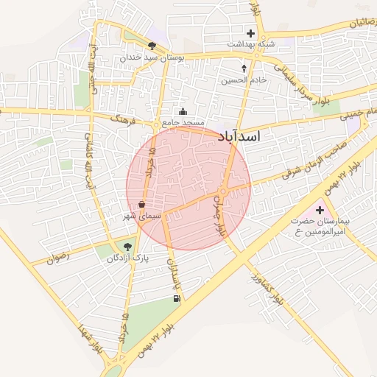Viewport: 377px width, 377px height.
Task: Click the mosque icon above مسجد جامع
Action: (183, 112)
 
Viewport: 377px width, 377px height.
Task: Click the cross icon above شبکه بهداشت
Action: (251, 33)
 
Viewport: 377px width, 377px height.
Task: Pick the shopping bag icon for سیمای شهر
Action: (141, 204)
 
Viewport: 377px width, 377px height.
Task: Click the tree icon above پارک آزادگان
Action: (129, 247)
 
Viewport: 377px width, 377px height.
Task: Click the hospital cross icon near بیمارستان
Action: (320, 211)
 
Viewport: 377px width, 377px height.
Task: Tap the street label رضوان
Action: (57, 258)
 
